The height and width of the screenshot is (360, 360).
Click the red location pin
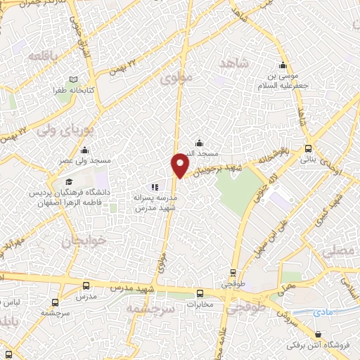coord(180,165)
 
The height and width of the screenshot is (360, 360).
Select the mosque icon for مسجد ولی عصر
coord(85,150)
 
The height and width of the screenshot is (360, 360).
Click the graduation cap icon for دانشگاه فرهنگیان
coord(69,182)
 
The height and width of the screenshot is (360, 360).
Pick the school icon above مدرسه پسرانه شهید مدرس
coord(155,187)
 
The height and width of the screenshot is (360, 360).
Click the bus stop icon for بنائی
coord(308,148)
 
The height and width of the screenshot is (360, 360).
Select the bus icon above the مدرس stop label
coord(86,286)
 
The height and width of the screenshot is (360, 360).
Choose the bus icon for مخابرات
coord(200,294)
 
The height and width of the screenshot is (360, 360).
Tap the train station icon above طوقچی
coord(233,274)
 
